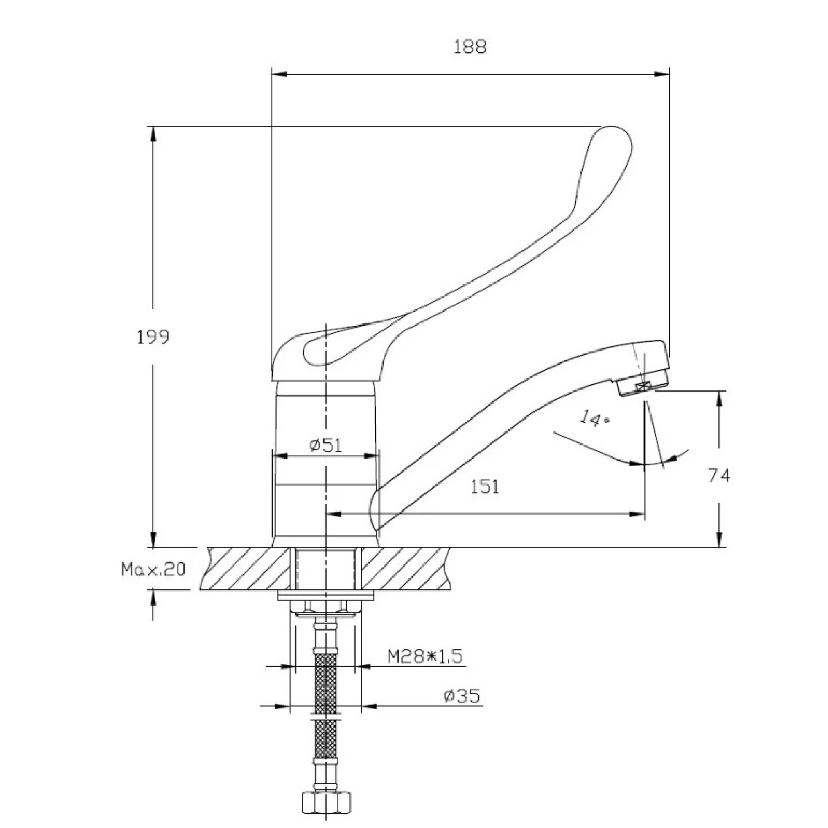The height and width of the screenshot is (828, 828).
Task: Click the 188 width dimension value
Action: (x=470, y=47)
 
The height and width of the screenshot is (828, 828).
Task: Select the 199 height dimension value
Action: (x=153, y=337)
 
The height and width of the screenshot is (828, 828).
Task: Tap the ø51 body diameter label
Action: (x=326, y=446)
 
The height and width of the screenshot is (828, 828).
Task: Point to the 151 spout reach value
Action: (x=485, y=487)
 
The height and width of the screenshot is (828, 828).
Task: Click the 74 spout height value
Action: (x=719, y=476)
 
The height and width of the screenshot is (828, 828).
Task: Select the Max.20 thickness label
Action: (x=154, y=570)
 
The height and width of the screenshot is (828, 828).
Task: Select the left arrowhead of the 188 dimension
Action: (x=279, y=74)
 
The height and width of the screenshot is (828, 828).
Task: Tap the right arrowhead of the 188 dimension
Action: (x=662, y=74)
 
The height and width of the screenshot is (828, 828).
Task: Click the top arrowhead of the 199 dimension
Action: (x=153, y=134)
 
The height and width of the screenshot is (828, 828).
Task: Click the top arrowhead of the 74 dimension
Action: (x=719, y=398)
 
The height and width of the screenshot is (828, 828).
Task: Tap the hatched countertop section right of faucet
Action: (x=405, y=569)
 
